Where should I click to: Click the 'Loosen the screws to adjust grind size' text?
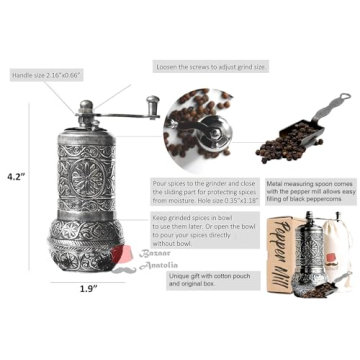(x=211, y=66)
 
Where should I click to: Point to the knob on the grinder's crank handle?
(x=152, y=103)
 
